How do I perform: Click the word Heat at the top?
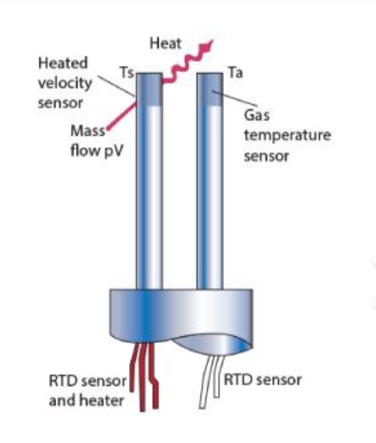pos(166,43)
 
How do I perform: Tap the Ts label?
pos(126,72)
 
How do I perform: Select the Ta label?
pos(235,72)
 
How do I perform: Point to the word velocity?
pos(65,83)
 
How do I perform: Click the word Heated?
pos(63,63)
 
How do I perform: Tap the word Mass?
pos(88,131)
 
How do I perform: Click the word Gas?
pos(257,115)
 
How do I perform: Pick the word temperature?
pos(287,135)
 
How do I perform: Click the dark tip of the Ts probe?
pos(150,90)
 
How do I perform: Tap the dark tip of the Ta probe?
pos(210,90)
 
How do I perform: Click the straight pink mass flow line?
pos(121,116)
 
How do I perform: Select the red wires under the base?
pos(144,376)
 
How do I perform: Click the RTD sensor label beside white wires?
pos(262,380)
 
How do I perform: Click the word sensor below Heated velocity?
pos(61,103)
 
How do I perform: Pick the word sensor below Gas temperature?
pos(266,156)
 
